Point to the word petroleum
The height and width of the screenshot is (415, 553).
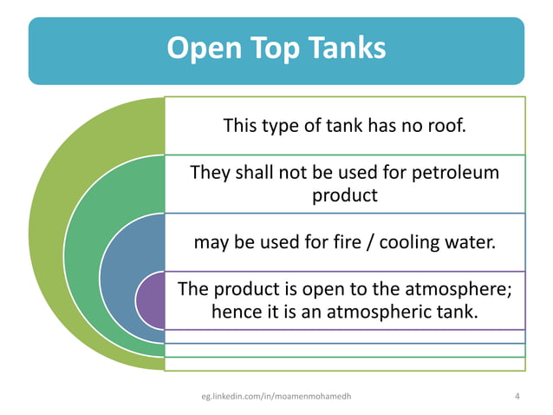[x=457, y=173]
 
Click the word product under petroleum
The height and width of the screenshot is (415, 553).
[x=345, y=194]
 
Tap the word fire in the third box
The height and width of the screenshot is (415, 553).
[x=330, y=241]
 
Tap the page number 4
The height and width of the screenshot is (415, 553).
[x=517, y=397]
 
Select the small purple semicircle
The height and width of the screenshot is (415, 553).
[x=149, y=300]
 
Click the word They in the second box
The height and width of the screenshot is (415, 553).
[x=209, y=173]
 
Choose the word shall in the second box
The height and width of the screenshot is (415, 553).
[x=257, y=173]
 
